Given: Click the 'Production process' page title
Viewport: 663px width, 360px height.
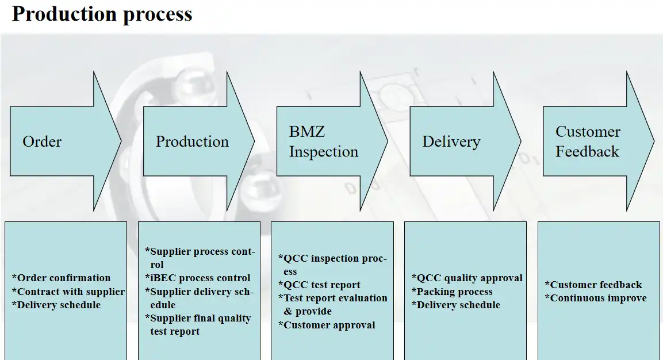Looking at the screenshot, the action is [102, 14].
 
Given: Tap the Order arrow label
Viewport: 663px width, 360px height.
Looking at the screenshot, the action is [42, 141].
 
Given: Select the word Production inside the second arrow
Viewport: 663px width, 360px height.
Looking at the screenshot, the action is [192, 141].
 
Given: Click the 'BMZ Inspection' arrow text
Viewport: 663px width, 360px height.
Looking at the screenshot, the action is [324, 141].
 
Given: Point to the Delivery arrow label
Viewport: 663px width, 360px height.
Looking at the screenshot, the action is [451, 141].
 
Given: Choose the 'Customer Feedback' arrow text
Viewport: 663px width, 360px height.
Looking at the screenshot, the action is [588, 141].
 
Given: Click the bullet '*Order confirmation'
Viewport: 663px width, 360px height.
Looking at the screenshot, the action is [62, 278].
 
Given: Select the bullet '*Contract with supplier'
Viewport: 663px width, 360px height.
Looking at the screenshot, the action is [68, 292].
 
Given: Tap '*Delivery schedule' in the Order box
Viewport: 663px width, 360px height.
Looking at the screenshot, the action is [56, 305].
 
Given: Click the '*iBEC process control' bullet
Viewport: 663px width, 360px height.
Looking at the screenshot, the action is [198, 278].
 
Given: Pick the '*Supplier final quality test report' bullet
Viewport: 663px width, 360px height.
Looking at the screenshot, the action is [198, 324].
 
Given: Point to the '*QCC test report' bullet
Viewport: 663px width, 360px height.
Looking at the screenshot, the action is [319, 285].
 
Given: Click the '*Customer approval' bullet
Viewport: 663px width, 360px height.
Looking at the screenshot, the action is [327, 325].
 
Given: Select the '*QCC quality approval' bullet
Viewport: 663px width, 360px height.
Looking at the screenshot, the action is [467, 278].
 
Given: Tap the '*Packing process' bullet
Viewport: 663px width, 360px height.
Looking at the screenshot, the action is [452, 292].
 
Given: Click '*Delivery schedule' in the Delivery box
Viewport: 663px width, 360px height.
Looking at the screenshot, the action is [456, 305].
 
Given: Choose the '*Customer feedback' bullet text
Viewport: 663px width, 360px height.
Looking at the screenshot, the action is [593, 285].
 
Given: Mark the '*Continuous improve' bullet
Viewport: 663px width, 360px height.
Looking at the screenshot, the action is [596, 298].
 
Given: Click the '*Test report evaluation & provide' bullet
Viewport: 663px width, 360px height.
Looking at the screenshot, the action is [333, 305].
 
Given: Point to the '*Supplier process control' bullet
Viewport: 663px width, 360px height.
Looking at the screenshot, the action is [200, 258].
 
